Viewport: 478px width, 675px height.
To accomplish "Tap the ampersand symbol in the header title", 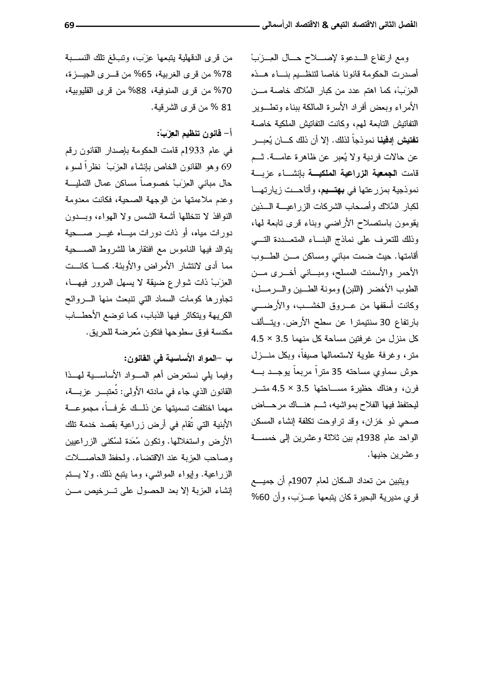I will pos(325,25).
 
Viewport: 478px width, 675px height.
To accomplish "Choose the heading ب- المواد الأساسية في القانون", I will pos(178,359).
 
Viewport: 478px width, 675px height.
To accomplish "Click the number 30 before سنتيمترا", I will pos(385,322).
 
